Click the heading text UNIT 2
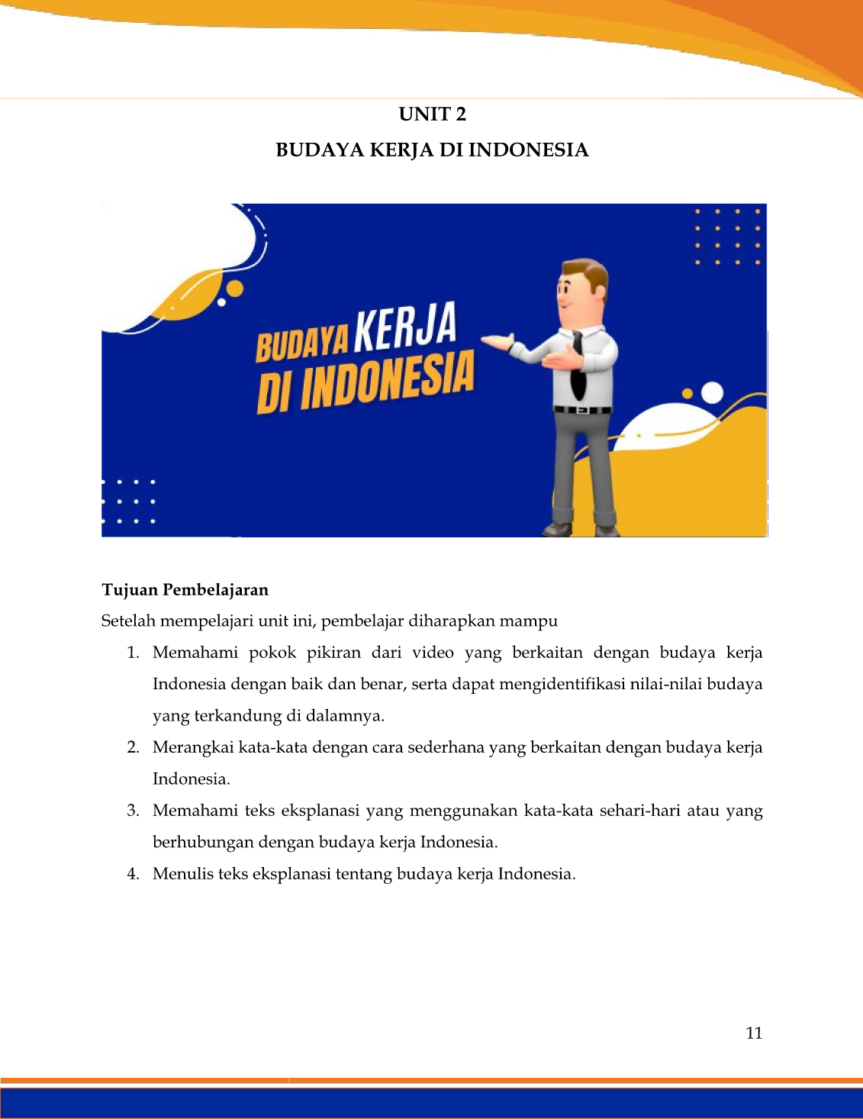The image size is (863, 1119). point(432,114)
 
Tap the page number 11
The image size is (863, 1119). point(754,1033)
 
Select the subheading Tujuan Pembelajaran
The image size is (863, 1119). point(185,590)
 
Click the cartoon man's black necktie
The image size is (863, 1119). point(578,366)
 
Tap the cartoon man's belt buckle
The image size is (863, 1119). point(582,410)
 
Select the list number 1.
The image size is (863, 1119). point(133,653)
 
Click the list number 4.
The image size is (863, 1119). point(133,874)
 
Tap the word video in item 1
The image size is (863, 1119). point(433,653)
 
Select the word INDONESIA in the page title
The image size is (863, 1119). point(528,150)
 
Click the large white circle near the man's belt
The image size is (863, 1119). point(712,393)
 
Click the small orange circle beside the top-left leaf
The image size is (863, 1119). point(235,289)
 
